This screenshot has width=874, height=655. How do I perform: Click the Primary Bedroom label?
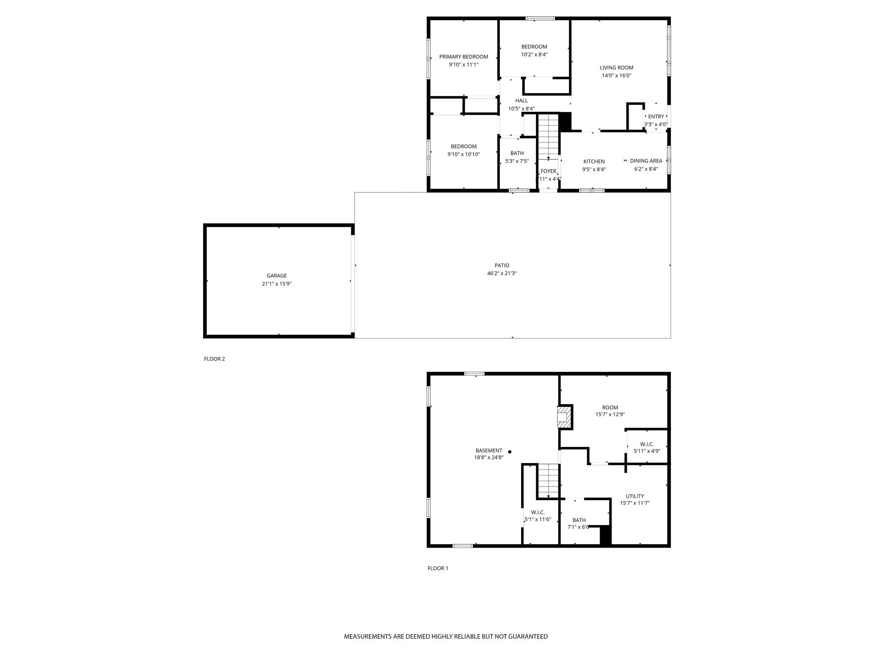pyautogui.click(x=463, y=57)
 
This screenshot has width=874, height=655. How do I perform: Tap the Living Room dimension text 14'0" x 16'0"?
pyautogui.click(x=616, y=75)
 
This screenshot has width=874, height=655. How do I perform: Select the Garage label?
pyautogui.click(x=277, y=276)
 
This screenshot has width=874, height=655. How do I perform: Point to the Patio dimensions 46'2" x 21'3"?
pyautogui.click(x=502, y=273)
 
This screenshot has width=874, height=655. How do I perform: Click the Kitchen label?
pyautogui.click(x=594, y=162)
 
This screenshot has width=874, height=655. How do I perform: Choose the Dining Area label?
pyautogui.click(x=646, y=161)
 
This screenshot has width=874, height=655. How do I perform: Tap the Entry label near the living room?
pyautogui.click(x=656, y=116)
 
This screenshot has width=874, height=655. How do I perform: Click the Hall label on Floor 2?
pyautogui.click(x=521, y=101)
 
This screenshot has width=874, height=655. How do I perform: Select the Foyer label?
pyautogui.click(x=548, y=171)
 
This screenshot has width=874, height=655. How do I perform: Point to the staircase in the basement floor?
pyautogui.click(x=548, y=480)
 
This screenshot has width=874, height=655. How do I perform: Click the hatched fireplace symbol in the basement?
pyautogui.click(x=563, y=417)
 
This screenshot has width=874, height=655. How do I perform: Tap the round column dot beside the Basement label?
pyautogui.click(x=510, y=452)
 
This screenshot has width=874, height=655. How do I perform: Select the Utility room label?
pyautogui.click(x=635, y=496)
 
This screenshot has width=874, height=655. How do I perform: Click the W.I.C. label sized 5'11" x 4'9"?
pyautogui.click(x=647, y=444)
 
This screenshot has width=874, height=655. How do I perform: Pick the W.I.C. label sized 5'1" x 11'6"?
pyautogui.click(x=538, y=512)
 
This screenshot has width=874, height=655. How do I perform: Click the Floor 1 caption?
pyautogui.click(x=438, y=568)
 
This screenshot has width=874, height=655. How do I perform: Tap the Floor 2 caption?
pyautogui.click(x=214, y=359)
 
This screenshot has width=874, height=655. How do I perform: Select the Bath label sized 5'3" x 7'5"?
pyautogui.click(x=517, y=154)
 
